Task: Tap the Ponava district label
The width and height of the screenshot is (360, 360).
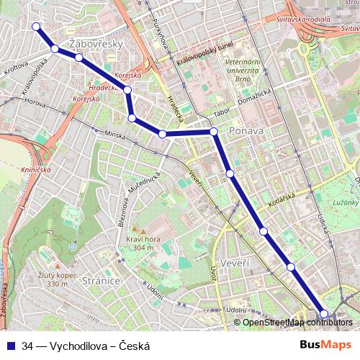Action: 246,132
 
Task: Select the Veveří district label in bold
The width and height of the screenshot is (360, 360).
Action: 235,263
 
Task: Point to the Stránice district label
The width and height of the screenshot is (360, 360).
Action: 100,280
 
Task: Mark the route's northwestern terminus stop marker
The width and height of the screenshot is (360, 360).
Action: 35,27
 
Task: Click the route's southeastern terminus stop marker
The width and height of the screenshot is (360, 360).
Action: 324,313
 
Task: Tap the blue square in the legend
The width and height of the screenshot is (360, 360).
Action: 11,346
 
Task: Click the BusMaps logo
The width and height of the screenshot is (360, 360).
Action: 326,346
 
